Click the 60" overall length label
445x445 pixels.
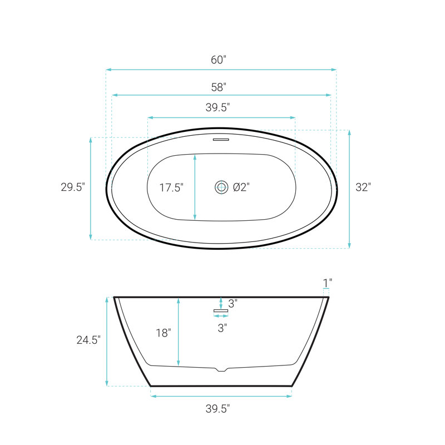pos(218,60)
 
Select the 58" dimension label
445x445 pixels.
pos(219,87)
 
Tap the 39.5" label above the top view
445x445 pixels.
pos(217,107)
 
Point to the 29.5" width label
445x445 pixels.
pos(73,187)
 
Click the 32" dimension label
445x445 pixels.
pos(363,187)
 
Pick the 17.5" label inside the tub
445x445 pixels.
pos(171,187)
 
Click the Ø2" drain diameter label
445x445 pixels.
pos(241,187)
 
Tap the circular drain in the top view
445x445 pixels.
pos(221,187)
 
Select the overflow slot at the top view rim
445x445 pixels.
pos(221,140)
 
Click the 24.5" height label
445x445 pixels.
pos(88,340)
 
